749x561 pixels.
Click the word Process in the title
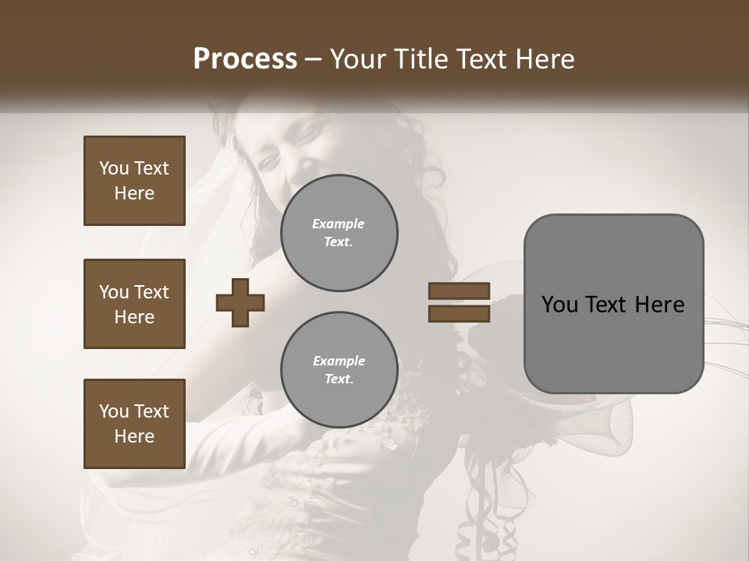pyautogui.click(x=245, y=59)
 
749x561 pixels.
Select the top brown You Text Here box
pyautogui.click(x=134, y=181)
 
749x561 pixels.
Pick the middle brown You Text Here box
pyautogui.click(x=134, y=304)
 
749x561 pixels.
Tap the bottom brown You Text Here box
pyautogui.click(x=134, y=424)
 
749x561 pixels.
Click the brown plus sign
pyautogui.click(x=240, y=303)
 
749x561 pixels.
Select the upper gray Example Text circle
pyautogui.click(x=339, y=233)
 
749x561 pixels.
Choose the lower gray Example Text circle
pyautogui.click(x=339, y=370)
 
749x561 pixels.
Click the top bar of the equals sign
pyautogui.click(x=459, y=291)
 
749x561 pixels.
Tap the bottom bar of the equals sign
pyautogui.click(x=459, y=314)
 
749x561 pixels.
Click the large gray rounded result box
pyautogui.click(x=613, y=303)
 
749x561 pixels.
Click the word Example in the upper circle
pyautogui.click(x=339, y=224)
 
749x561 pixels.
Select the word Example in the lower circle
pyautogui.click(x=339, y=361)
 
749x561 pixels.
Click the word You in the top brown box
pyautogui.click(x=113, y=168)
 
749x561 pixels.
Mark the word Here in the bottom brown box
pyautogui.click(x=134, y=436)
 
